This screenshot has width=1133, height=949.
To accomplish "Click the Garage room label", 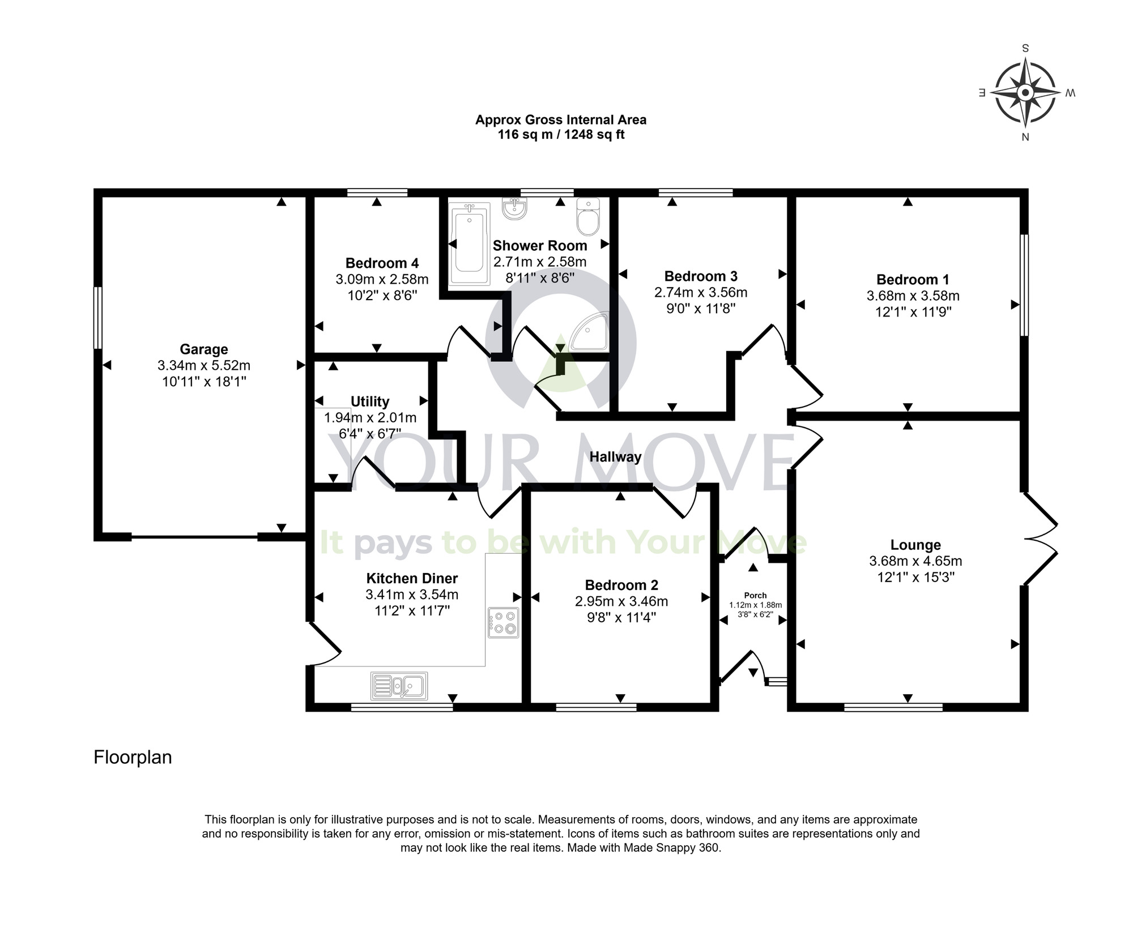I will pyautogui.click(x=203, y=349).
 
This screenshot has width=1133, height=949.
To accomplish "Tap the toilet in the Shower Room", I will pyautogui.click(x=587, y=217).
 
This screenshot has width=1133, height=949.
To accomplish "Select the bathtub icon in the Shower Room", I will pyautogui.click(x=468, y=245).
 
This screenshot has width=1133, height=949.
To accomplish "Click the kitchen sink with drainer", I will pyautogui.click(x=399, y=686).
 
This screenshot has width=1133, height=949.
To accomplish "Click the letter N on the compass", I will pyautogui.click(x=1025, y=137).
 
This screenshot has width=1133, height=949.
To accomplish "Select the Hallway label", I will pyautogui.click(x=615, y=457).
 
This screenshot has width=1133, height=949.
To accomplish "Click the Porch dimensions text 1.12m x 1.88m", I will pyautogui.click(x=755, y=605).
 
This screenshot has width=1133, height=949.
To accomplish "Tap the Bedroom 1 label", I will pyautogui.click(x=912, y=280).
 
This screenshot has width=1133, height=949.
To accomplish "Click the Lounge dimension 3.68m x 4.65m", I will pyautogui.click(x=915, y=561).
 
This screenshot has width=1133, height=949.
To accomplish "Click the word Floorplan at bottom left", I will pyautogui.click(x=133, y=758).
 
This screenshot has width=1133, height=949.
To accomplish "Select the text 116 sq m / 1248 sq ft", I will pyautogui.click(x=561, y=135).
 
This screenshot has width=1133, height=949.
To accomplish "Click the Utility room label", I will pyautogui.click(x=370, y=401).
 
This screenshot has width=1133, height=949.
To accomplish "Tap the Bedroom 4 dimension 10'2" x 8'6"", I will pyautogui.click(x=382, y=295).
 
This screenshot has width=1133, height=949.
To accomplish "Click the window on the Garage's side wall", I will pyautogui.click(x=98, y=318).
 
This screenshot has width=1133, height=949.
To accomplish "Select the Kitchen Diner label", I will pyautogui.click(x=412, y=578).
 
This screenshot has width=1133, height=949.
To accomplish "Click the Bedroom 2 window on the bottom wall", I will pyautogui.click(x=596, y=707).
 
